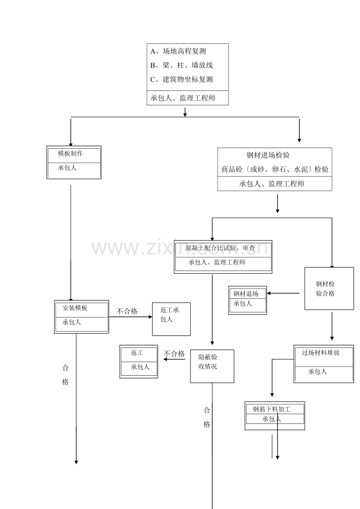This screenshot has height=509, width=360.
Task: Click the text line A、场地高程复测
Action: [x=178, y=51]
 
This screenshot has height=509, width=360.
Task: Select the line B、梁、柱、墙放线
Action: [x=181, y=65]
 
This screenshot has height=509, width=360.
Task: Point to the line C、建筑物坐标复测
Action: [x=181, y=79]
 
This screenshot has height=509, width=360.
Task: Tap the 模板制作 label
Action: [x=70, y=153]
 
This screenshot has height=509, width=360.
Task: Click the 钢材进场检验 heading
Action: [x=268, y=155]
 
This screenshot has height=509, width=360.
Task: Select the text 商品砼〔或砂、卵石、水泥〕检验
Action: [x=275, y=169]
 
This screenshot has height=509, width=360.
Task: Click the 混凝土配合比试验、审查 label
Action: [x=220, y=248]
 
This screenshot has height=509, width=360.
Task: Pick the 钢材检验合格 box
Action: [x=329, y=289]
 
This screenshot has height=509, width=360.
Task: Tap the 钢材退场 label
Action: [x=246, y=294]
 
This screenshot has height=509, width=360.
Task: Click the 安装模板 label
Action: [x=75, y=308]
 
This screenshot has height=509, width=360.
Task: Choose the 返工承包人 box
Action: [x=171, y=319]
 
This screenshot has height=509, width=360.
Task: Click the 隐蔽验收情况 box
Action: [x=212, y=366]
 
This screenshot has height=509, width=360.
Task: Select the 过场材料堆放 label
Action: [x=320, y=353]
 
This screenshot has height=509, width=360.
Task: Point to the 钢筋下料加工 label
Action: [x=272, y=409]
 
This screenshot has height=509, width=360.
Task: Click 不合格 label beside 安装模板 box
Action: [x=127, y=311]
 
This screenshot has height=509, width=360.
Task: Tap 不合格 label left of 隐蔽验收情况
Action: [x=174, y=353]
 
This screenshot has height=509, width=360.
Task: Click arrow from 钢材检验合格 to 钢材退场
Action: [x=283, y=293]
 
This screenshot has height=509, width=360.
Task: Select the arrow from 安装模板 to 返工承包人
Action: [x=131, y=317]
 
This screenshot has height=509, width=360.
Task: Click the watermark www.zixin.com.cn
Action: [x=180, y=248]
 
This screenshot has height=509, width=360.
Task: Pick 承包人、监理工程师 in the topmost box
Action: [x=183, y=98]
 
